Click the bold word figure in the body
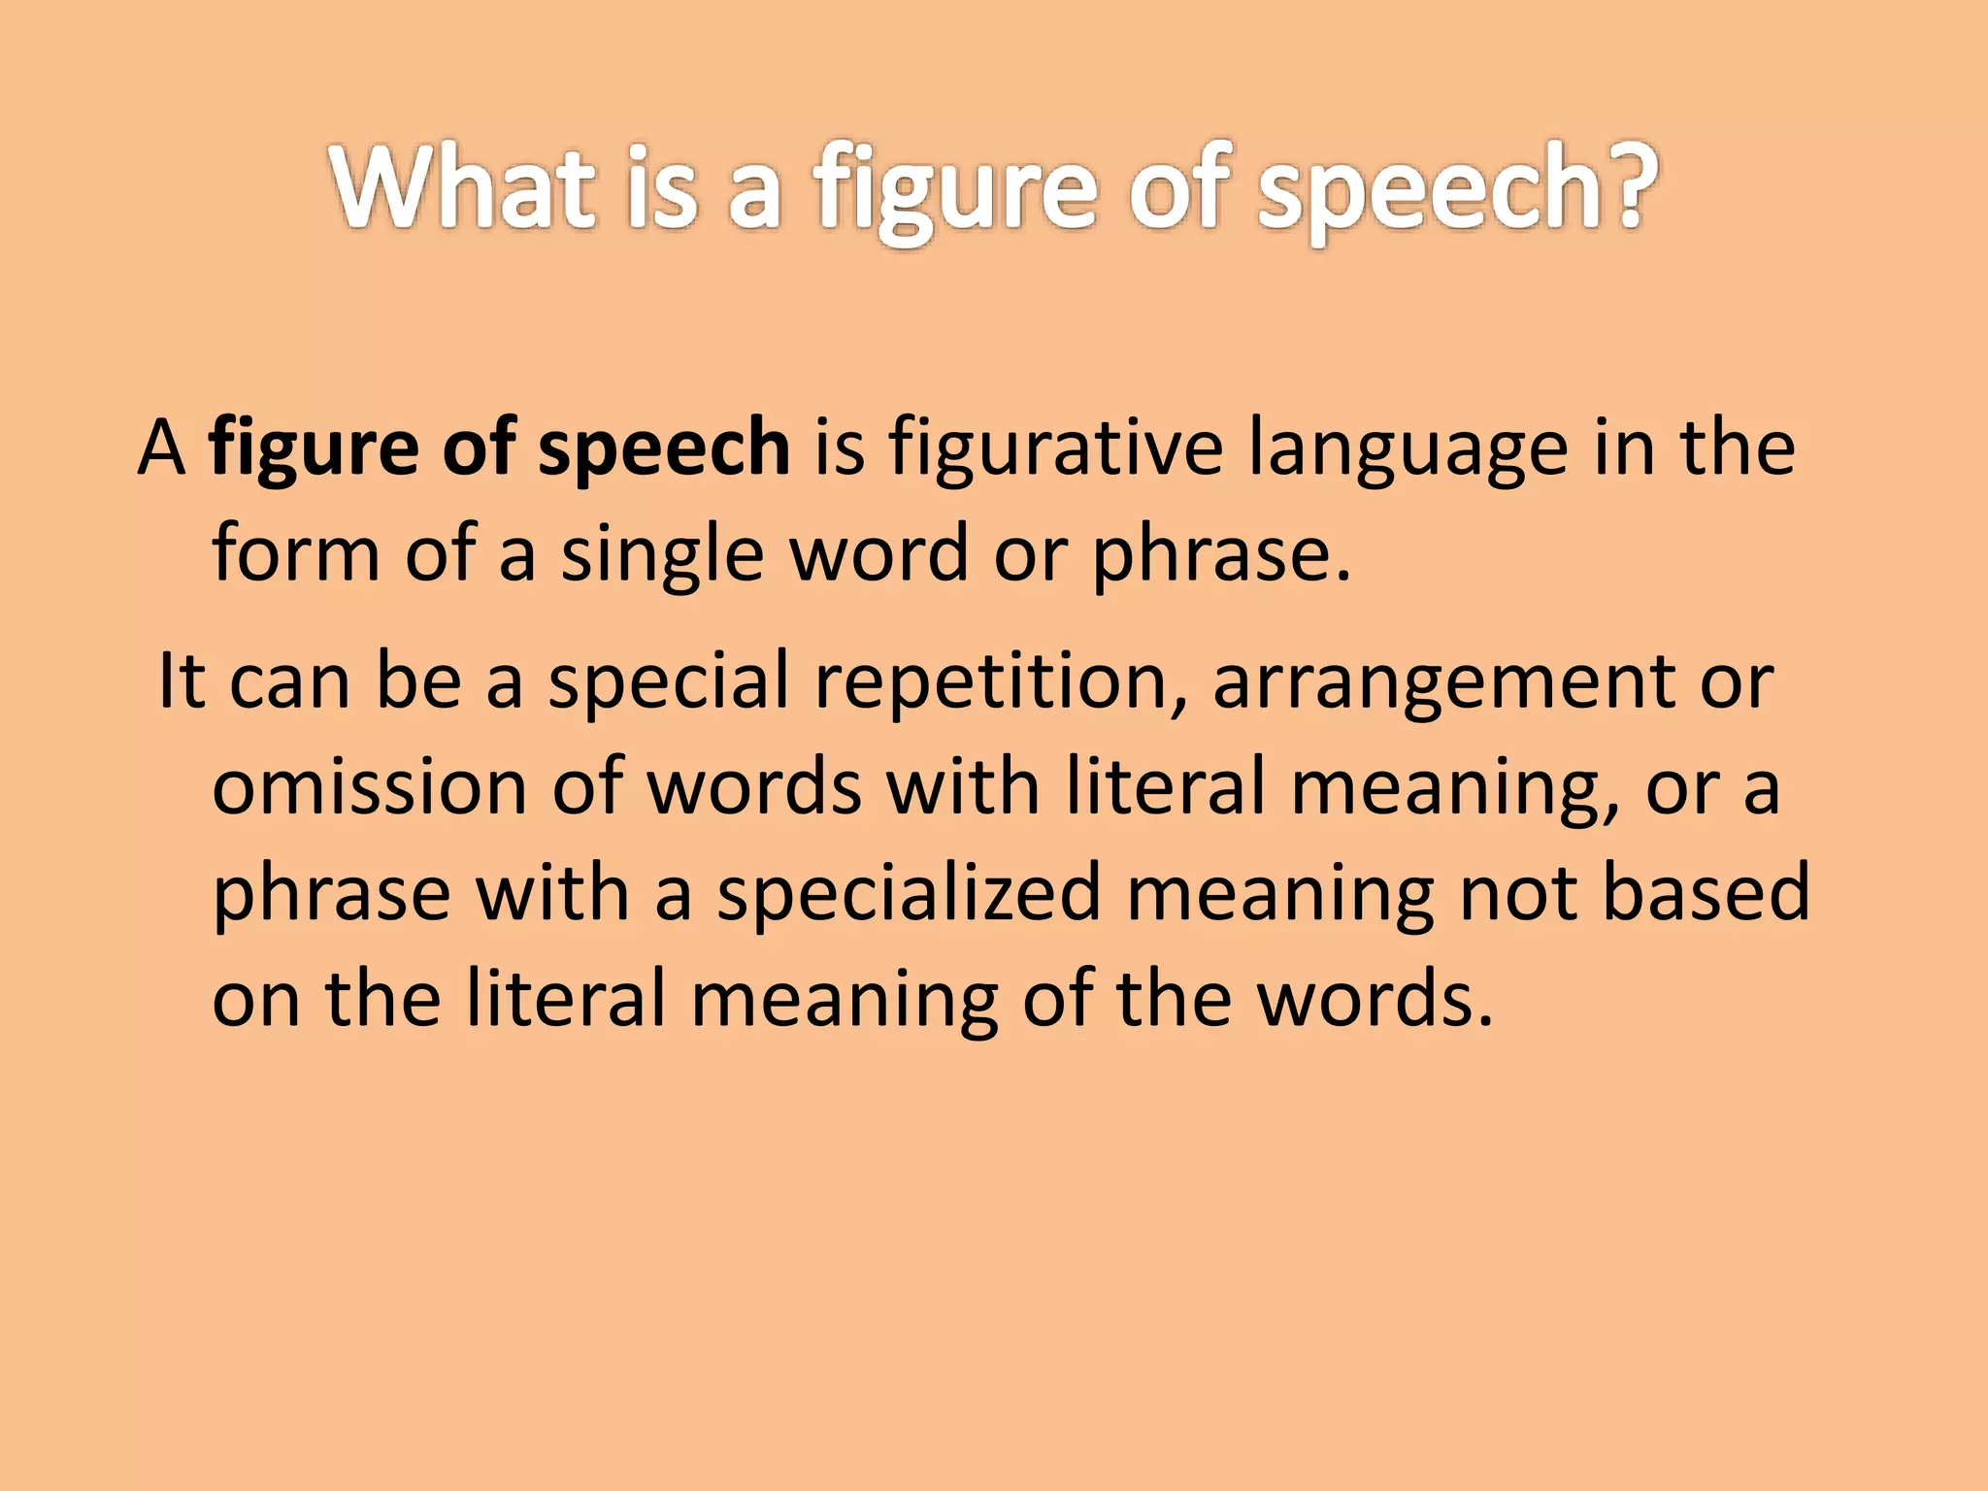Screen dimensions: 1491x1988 pyautogui.click(x=314, y=448)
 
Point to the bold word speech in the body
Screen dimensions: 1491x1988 pyautogui.click(x=664, y=448)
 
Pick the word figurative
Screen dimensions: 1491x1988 pyautogui.click(x=1055, y=448)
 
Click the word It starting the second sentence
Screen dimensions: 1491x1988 pyautogui.click(x=182, y=681)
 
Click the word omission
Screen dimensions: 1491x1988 pyautogui.click(x=369, y=786)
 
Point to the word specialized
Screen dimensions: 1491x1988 pyautogui.click(x=910, y=893)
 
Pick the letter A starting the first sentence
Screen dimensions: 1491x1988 pyautogui.click(x=161, y=448)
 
